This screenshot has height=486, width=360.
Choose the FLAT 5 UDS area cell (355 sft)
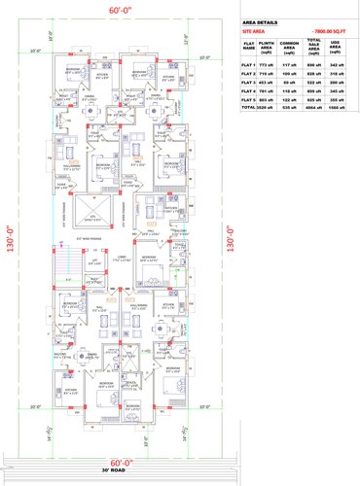pos(337,100)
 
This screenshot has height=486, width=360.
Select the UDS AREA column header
pos(337,46)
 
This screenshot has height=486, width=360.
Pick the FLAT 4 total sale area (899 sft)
pos(314,90)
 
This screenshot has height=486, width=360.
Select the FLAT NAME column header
pos(248,46)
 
